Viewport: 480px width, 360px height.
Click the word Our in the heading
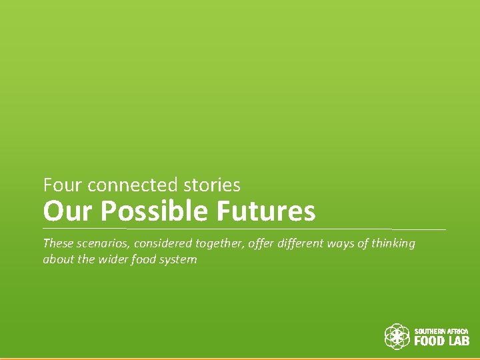[59, 211]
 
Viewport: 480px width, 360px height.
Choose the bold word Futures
[265, 211]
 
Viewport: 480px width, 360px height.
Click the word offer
[260, 243]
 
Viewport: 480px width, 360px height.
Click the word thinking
[393, 243]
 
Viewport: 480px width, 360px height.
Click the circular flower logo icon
[397, 337]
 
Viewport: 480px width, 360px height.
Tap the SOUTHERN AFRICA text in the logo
[442, 331]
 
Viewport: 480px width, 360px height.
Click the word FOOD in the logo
[429, 341]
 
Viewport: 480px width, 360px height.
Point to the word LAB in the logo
[458, 341]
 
